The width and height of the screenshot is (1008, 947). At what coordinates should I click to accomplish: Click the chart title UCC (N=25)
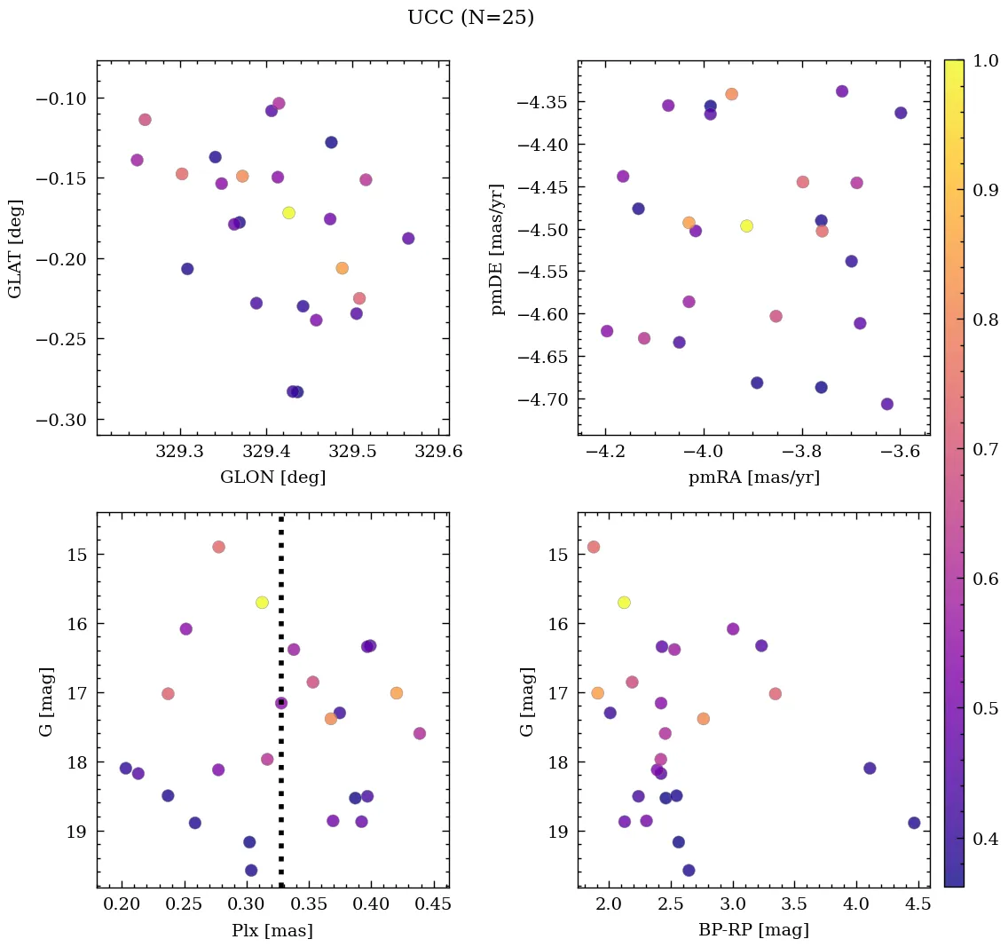tap(470, 18)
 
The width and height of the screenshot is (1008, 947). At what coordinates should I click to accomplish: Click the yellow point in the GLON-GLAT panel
tap(288, 213)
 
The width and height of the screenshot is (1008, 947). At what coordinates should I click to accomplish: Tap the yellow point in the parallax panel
tap(262, 603)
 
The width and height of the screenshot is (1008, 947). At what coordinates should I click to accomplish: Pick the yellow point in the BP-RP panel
tap(624, 603)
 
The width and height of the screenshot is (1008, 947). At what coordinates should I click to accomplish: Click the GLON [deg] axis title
tap(272, 477)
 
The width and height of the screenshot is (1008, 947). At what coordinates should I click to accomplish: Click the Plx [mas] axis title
tap(272, 930)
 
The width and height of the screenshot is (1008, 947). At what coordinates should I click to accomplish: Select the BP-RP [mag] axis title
tap(753, 930)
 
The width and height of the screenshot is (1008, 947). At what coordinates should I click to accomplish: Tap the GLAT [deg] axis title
tap(15, 249)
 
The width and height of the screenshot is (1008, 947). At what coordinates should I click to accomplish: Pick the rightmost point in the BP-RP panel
tap(914, 823)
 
